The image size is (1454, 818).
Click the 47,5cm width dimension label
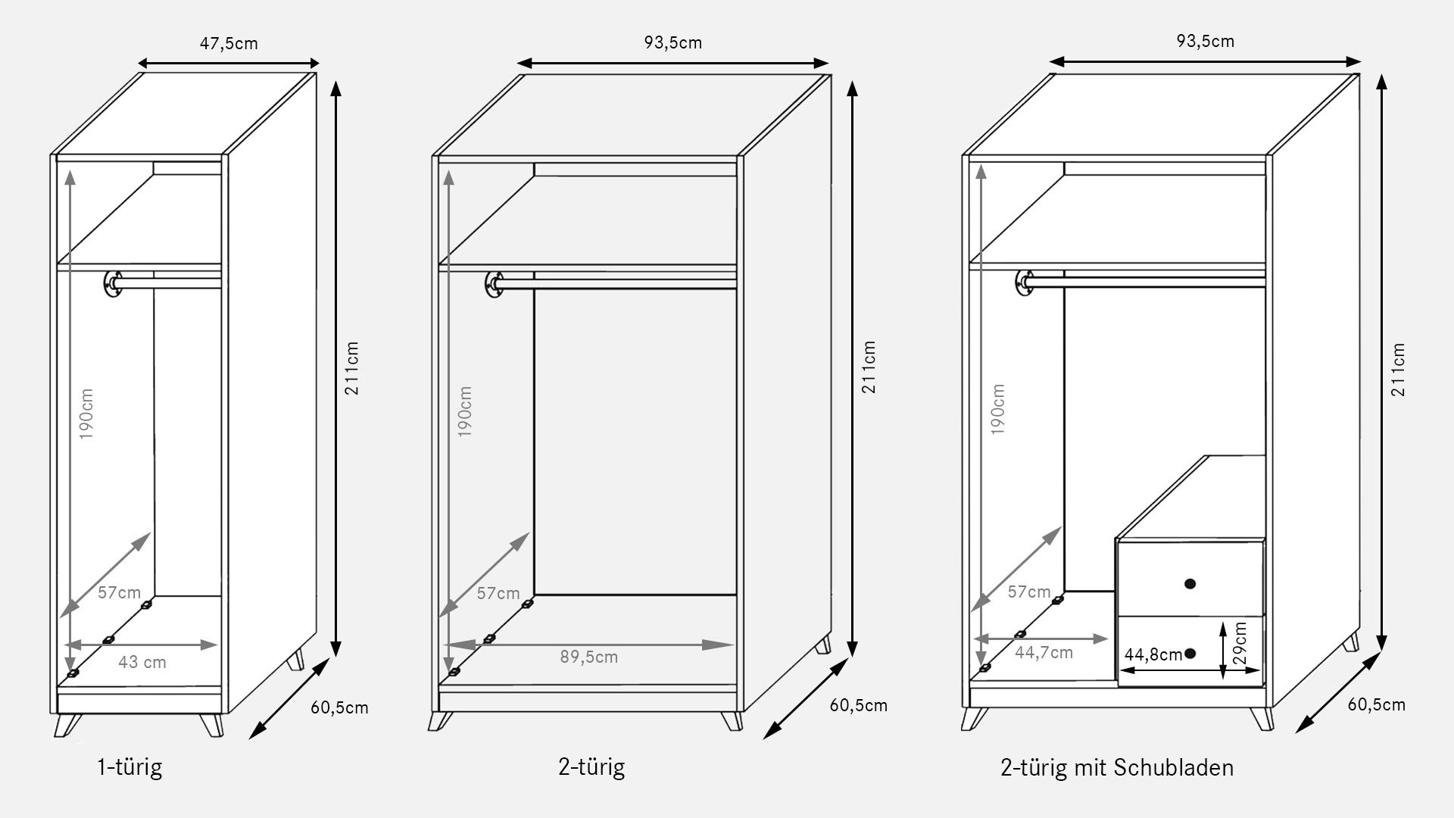coord(229,43)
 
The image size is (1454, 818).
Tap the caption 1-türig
coord(129,767)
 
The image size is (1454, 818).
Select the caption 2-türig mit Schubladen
coord(1117,767)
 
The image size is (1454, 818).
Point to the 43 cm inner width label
coord(142,662)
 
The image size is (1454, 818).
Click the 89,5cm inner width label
coord(589,657)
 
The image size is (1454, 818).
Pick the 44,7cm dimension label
coord(1044,652)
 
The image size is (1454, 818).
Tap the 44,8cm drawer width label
coord(1153,654)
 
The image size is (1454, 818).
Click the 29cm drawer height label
coord(1240,644)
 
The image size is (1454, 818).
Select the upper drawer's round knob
coord(1190,583)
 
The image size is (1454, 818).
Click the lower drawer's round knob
coord(1190,653)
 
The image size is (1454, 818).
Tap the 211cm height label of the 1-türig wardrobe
coord(352,368)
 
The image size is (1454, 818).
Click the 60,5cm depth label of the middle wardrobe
coord(859,705)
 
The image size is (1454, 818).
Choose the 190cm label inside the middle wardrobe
coord(466,411)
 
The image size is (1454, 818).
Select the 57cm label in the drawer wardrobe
coord(1029,592)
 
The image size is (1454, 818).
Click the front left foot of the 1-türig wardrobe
coord(67,725)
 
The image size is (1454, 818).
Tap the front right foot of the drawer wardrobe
coord(1262,720)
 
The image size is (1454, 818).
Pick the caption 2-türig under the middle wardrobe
coord(591,767)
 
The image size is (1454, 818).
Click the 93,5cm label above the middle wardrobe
coord(673,42)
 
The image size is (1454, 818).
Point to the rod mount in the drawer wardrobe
coord(1025,284)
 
